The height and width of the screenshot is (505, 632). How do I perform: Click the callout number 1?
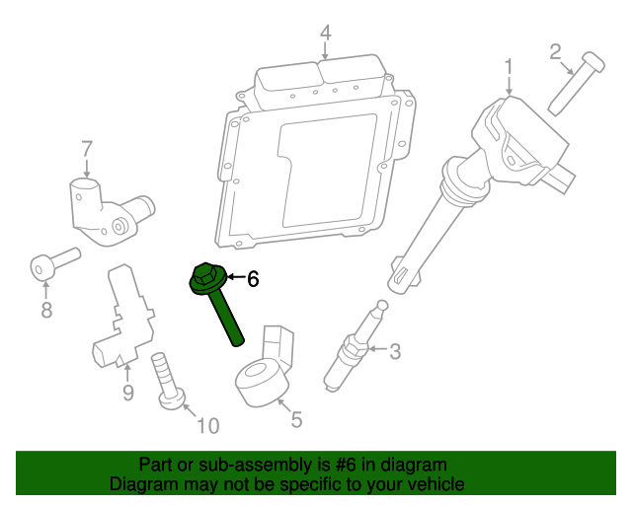(510, 67)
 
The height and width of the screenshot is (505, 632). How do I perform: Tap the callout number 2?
(555, 50)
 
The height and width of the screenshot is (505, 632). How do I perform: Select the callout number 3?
(395, 350)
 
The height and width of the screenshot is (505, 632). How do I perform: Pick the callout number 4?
(325, 36)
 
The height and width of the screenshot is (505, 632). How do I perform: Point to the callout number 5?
(296, 419)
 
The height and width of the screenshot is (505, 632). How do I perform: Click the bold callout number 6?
(253, 280)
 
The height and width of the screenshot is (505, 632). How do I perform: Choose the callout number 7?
(87, 149)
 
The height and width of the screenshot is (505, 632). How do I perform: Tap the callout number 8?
(45, 311)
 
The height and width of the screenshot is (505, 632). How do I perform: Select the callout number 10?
(207, 426)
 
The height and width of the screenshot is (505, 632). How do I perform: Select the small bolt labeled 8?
(49, 263)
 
